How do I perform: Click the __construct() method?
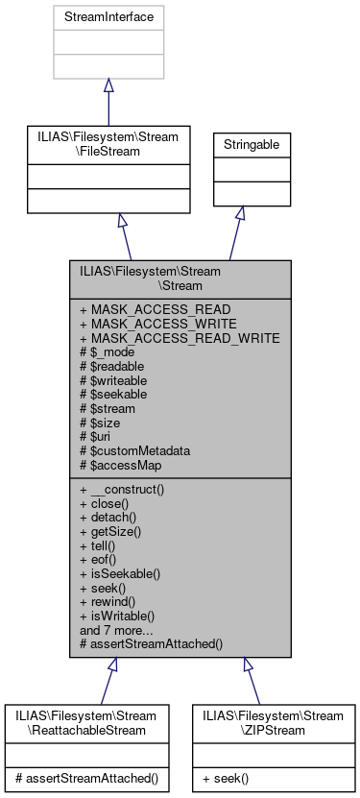pyautogui.click(x=128, y=489)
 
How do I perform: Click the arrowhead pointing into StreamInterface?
pyautogui.click(x=108, y=86)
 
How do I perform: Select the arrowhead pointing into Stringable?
pyautogui.click(x=239, y=212)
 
